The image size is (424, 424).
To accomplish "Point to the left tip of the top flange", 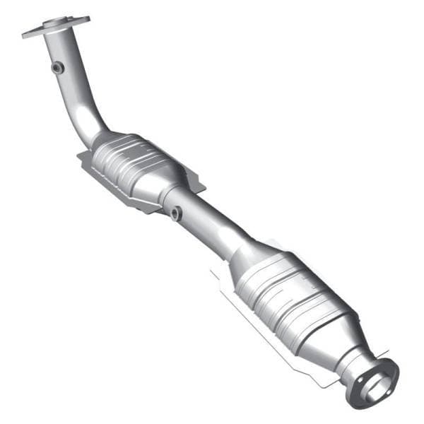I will [x=25, y=33].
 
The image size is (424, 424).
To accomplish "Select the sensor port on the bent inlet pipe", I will [x=57, y=67].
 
